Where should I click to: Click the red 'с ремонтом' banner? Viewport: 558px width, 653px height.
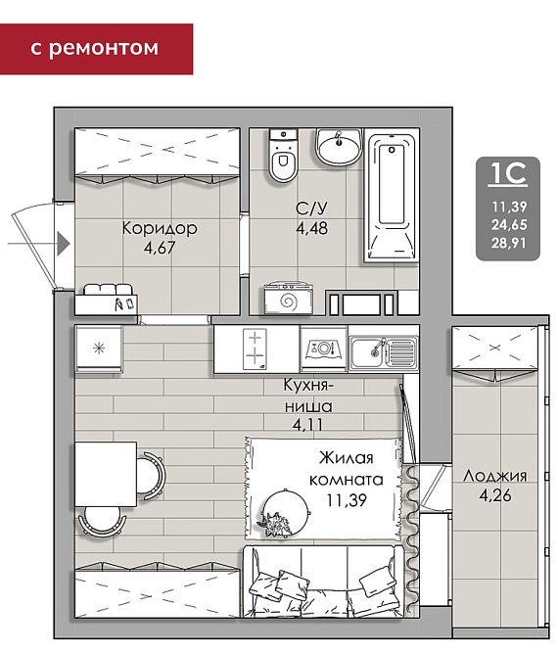tap(96, 49)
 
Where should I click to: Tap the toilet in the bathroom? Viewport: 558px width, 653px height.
tap(284, 155)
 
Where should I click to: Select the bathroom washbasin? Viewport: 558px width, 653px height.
tap(338, 147)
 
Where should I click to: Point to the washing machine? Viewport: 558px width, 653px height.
tap(288, 299)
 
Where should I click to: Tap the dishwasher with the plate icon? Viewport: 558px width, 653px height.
tap(324, 349)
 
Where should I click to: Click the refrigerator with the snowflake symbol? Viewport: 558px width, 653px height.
tap(99, 349)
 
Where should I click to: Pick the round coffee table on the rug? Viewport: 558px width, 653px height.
tap(286, 511)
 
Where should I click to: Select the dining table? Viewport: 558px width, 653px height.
tap(106, 474)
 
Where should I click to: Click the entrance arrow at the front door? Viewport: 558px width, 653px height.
tap(39, 243)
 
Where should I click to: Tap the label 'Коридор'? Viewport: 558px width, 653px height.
tap(160, 228)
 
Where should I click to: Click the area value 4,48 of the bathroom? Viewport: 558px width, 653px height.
tap(312, 228)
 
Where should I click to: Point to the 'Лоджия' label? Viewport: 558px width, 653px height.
tap(495, 476)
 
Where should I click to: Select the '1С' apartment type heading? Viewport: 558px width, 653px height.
tap(508, 173)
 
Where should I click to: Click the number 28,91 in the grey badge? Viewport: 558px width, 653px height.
tap(509, 243)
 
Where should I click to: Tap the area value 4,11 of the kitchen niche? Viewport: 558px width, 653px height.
tap(307, 425)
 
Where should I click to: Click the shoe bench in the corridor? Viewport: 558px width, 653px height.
tap(107, 299)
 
